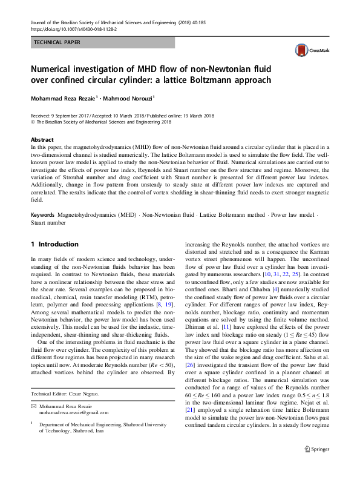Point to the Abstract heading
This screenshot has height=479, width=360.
(42, 139)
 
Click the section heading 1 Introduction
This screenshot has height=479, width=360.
(54, 244)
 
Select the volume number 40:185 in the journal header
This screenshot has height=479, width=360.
(219, 22)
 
